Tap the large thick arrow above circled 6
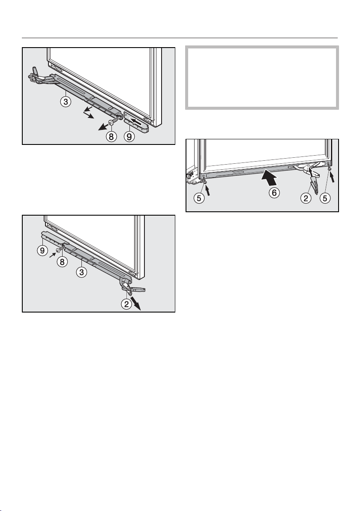[x=269, y=177]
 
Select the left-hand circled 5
[x=199, y=198]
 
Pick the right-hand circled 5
[x=325, y=198]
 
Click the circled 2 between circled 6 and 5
[x=306, y=198]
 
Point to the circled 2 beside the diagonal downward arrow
[x=126, y=304]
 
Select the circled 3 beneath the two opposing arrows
[x=66, y=102]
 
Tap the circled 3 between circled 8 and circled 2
[x=81, y=272]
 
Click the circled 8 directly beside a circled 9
[x=111, y=137]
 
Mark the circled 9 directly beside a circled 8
[x=129, y=137]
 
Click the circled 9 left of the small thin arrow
[x=42, y=251]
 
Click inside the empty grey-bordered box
[x=262, y=78]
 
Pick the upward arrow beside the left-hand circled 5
[x=208, y=189]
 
